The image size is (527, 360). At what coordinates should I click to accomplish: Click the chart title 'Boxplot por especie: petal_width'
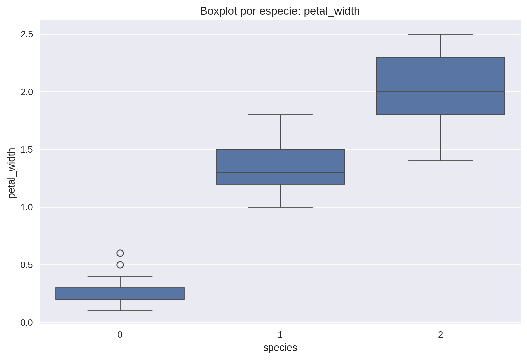click(x=280, y=11)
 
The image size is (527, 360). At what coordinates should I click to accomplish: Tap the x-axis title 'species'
click(x=280, y=348)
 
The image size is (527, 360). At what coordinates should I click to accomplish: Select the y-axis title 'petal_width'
click(x=12, y=173)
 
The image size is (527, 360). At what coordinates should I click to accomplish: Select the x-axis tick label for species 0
click(x=120, y=335)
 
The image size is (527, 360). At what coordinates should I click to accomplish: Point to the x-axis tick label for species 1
click(x=280, y=335)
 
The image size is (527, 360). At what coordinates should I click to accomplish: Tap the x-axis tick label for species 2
click(x=440, y=335)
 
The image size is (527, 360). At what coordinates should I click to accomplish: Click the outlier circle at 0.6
click(x=120, y=253)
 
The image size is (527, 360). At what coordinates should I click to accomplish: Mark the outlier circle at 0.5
click(x=120, y=265)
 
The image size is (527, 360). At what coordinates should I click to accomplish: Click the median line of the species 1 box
click(x=280, y=173)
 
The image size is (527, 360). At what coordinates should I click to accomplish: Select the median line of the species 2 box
click(x=440, y=92)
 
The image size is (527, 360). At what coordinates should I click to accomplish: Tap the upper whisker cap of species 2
click(x=440, y=34)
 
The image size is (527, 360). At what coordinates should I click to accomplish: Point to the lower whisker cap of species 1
click(x=280, y=207)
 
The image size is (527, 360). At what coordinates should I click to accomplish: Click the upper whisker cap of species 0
click(x=120, y=276)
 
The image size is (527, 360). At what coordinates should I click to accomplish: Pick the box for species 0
click(x=120, y=294)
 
